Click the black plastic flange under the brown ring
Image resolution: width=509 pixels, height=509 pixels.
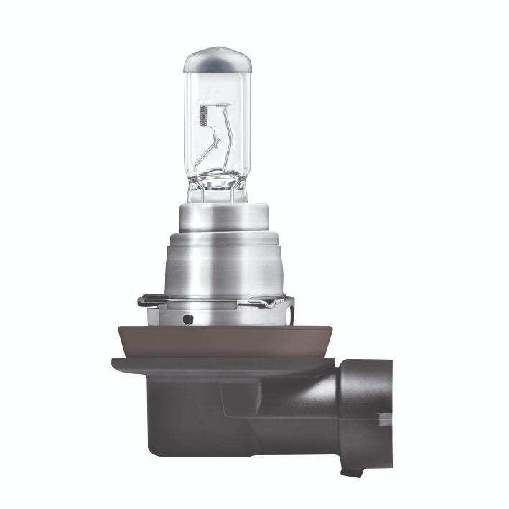click(215, 366)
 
